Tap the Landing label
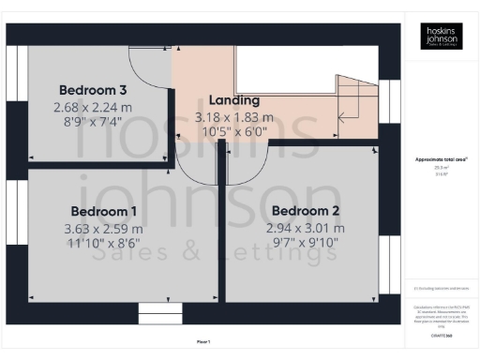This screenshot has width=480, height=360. pos(233,100)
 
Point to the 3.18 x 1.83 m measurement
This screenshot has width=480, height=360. pos(233,117)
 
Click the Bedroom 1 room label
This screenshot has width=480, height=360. pos(103,211)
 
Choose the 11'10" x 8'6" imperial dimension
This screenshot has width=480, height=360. pos(103,245)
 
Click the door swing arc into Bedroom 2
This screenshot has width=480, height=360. pos(246,164)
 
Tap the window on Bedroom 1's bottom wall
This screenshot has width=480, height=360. pos(158,311)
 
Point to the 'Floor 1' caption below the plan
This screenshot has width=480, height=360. pos(203,342)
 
